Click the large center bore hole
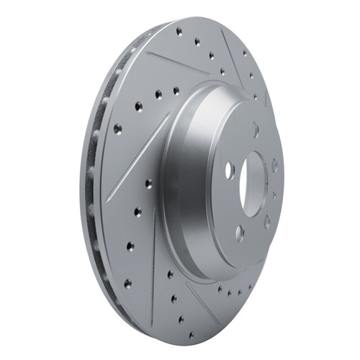click(x=252, y=185)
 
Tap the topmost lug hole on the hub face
click(x=256, y=130)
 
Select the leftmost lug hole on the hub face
click(x=230, y=171)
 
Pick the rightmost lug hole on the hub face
click(x=274, y=165)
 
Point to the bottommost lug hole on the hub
click(x=239, y=232)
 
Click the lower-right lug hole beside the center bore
click(x=267, y=221)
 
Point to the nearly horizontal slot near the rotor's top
click(x=177, y=61)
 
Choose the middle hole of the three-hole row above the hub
click(x=158, y=94)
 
